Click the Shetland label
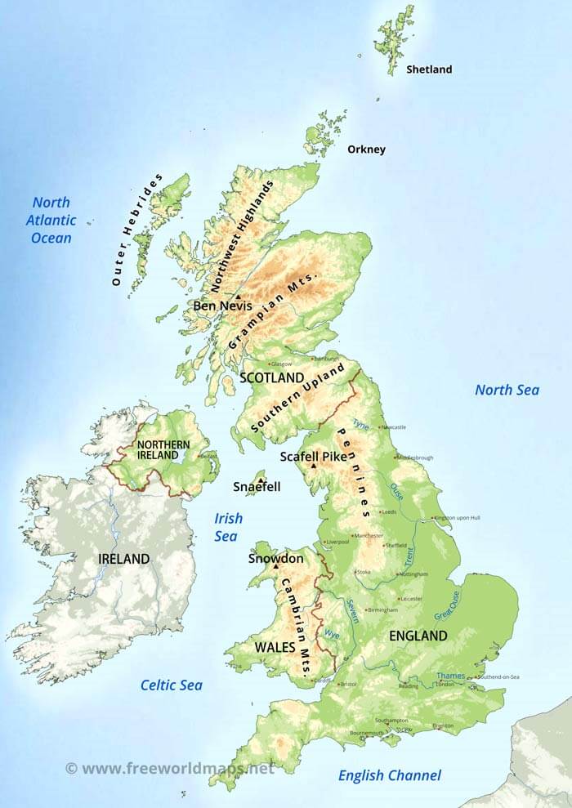pyautogui.click(x=429, y=69)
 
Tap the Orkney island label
pyautogui.click(x=366, y=150)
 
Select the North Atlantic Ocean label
pyautogui.click(x=51, y=220)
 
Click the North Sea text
pyautogui.click(x=507, y=390)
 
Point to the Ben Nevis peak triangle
pyautogui.click(x=238, y=297)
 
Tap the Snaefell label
pyautogui.click(x=257, y=486)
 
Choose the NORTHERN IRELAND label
pyautogui.click(x=163, y=449)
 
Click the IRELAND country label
pyautogui.click(x=124, y=559)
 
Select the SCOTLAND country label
pyautogui.click(x=272, y=377)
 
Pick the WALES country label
pyautogui.click(x=275, y=646)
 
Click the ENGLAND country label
pyautogui.click(x=418, y=635)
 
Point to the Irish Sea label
pyautogui.click(x=227, y=527)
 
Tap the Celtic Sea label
pyautogui.click(x=171, y=685)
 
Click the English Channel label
pyautogui.click(x=390, y=775)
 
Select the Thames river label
pyautogui.click(x=450, y=676)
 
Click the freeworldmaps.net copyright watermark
pyautogui.click(x=170, y=768)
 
